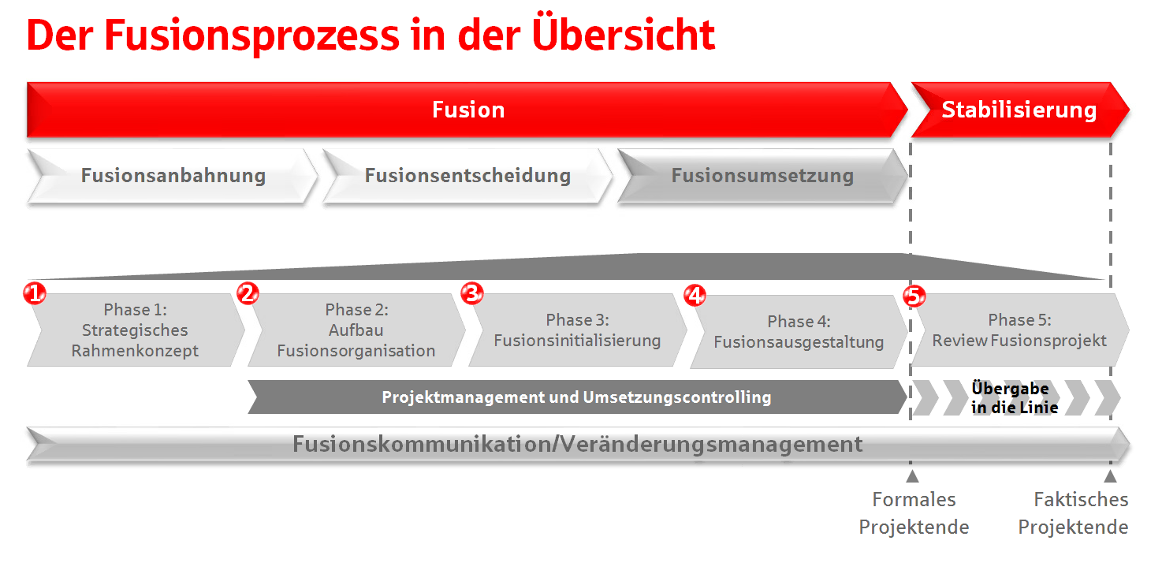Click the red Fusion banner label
[468, 110]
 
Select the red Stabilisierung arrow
[1020, 110]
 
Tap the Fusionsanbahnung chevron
[172, 176]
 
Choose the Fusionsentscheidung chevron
[467, 176]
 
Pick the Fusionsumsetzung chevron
[762, 176]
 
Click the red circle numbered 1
[35, 294]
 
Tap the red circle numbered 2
[248, 293]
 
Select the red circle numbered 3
[472, 293]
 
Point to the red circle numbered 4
[695, 296]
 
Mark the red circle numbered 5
[914, 296]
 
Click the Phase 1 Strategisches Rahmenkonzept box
[136, 330]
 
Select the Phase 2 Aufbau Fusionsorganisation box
[357, 330]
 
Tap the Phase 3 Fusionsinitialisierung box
[578, 330]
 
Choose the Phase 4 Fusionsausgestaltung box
[799, 332]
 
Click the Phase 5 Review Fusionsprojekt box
[1020, 330]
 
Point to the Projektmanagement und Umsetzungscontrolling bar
[577, 397]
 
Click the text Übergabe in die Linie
[1014, 397]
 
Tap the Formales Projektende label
[914, 513]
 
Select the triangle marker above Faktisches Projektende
[1110, 476]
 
